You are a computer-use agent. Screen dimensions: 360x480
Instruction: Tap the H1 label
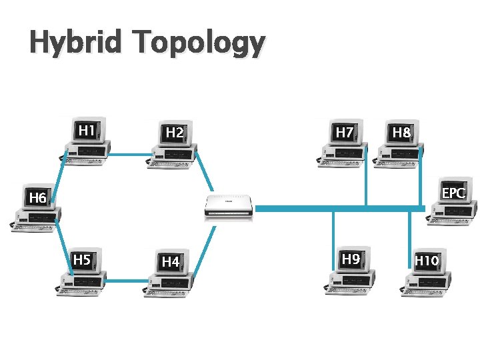point(85,130)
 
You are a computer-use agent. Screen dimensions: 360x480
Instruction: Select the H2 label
point(175,133)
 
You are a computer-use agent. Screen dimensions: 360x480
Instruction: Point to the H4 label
point(171,262)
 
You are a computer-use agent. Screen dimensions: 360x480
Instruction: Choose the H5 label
point(81,259)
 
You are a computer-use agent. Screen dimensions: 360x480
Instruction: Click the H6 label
point(37,198)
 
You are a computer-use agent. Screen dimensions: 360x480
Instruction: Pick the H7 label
point(344,132)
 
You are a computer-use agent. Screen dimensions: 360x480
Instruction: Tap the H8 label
point(401,133)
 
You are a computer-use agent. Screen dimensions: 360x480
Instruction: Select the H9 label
point(351,259)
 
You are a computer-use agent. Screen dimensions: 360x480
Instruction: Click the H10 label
point(427,260)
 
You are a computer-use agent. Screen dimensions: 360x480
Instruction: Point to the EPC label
point(454,193)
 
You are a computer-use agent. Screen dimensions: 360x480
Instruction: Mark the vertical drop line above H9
point(334,231)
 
